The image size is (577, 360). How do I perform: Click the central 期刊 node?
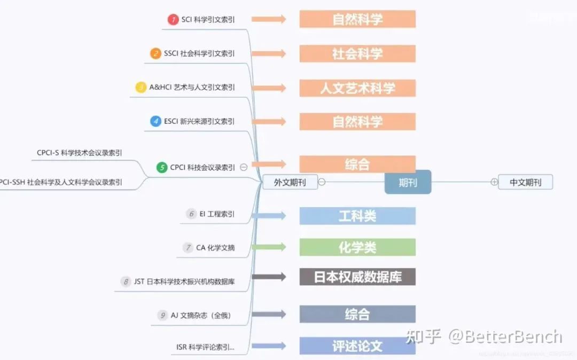(408, 182)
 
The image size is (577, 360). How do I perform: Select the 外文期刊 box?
(290, 182)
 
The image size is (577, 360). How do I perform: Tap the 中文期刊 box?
(525, 182)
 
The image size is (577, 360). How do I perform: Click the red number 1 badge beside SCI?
(173, 20)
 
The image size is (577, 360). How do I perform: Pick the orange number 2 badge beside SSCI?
(155, 53)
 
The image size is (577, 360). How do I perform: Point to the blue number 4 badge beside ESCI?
(155, 121)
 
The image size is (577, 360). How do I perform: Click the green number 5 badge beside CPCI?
(162, 167)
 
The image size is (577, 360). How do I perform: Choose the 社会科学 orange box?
(357, 54)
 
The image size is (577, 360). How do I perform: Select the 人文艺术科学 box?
(357, 88)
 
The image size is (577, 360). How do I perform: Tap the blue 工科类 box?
(357, 216)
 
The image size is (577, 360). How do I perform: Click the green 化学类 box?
(357, 247)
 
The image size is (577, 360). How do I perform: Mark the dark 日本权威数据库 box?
(357, 277)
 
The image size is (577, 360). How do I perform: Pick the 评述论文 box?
(357, 346)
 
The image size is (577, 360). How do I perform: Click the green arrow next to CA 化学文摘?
(269, 247)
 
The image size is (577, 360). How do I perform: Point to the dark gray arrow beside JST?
(269, 277)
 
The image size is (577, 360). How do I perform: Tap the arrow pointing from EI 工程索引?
(269, 216)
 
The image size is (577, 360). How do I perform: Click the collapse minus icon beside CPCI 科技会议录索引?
(244, 167)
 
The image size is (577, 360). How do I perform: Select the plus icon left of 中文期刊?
(494, 182)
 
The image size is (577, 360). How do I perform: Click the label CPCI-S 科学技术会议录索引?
(79, 153)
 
